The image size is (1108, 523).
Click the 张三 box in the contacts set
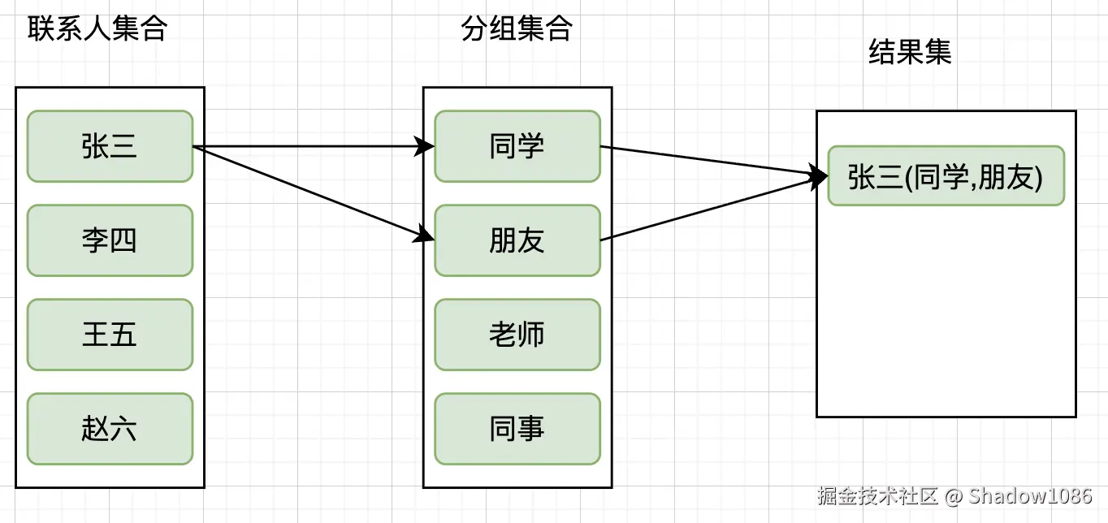(x=110, y=146)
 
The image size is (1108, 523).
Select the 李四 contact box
(x=110, y=240)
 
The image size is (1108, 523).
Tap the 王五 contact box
(x=110, y=335)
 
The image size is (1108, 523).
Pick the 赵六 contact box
(x=110, y=429)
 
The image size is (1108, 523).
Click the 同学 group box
(x=517, y=146)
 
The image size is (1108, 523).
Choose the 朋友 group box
(x=517, y=240)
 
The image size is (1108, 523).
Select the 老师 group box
(x=517, y=335)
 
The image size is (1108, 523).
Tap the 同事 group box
(x=517, y=429)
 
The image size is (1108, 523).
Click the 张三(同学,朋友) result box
(x=946, y=176)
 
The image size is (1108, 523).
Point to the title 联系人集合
(x=97, y=29)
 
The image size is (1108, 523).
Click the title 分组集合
(x=517, y=29)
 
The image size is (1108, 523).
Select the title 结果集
(x=910, y=53)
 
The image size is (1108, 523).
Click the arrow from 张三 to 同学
(x=309, y=147)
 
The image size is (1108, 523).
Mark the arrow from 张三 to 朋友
(x=309, y=192)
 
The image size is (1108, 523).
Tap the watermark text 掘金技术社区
(x=878, y=495)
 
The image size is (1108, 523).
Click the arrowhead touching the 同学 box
(x=426, y=147)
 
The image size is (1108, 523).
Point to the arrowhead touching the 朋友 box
(x=425, y=236)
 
